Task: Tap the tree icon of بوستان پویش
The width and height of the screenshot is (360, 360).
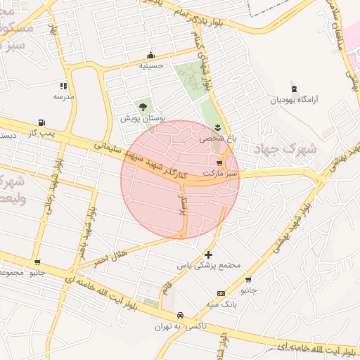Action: (x=143, y=107)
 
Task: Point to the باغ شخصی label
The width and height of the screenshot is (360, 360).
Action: (x=218, y=139)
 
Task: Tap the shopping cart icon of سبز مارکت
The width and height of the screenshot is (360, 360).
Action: (x=220, y=162)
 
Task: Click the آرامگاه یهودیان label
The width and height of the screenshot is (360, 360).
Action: (x=295, y=100)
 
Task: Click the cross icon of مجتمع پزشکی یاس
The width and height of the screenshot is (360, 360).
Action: (x=208, y=255)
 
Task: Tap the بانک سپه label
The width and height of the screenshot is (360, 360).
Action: (x=222, y=304)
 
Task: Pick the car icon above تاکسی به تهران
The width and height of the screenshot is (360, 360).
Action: (x=181, y=315)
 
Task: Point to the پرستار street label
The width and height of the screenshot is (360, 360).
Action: (x=184, y=207)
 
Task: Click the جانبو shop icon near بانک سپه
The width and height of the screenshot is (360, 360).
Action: (x=247, y=279)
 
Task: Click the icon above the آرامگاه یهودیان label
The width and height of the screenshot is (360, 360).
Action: (x=294, y=88)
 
